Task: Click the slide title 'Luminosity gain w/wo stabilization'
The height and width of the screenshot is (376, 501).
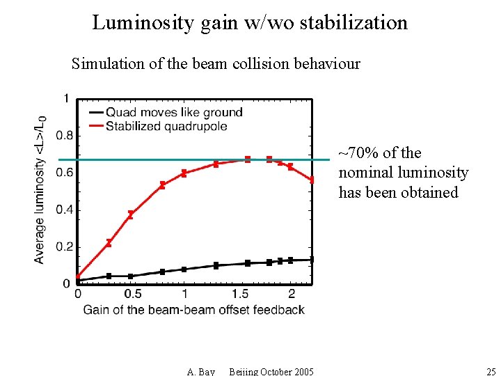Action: [250, 22]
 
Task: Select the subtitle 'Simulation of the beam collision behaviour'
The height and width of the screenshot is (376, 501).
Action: [216, 64]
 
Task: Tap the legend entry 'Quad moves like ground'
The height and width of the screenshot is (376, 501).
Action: [174, 112]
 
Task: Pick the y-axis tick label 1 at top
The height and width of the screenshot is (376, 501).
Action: [66, 98]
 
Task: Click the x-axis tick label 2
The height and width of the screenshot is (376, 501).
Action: [292, 294]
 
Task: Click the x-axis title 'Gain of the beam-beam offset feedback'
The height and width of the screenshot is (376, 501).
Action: [194, 309]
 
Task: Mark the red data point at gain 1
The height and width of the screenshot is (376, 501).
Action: [184, 173]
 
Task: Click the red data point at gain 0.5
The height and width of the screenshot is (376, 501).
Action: [130, 215]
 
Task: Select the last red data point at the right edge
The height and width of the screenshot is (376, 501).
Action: [311, 180]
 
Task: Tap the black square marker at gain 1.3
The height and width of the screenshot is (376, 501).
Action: [216, 265]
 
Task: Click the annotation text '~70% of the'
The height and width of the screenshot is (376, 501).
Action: [380, 153]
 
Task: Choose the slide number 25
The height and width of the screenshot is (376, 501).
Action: [491, 371]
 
